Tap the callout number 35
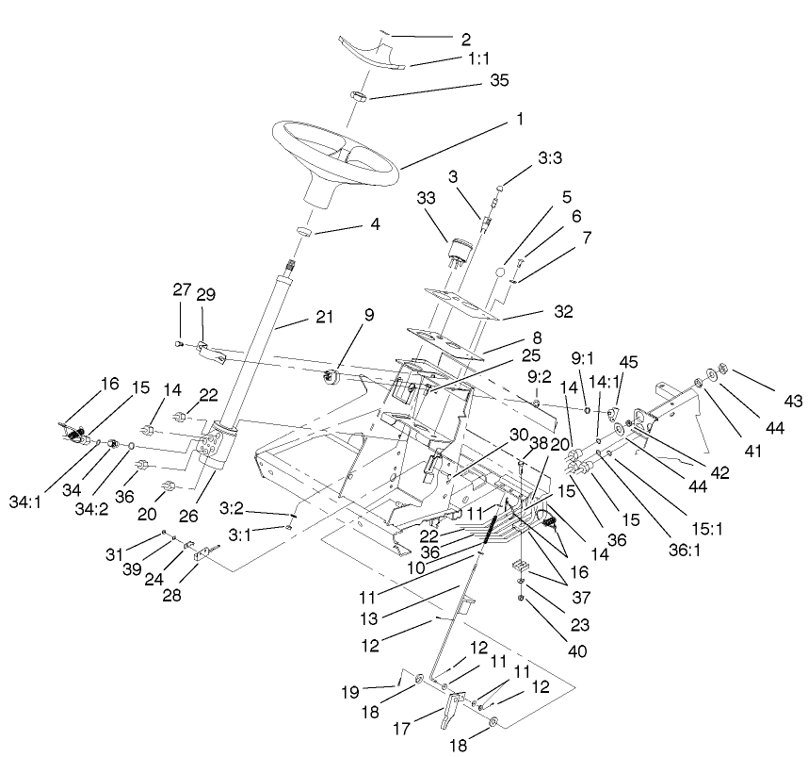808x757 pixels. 499,81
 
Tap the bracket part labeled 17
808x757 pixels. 453,706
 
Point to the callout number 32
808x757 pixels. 563,309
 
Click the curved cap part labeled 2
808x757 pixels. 372,55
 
